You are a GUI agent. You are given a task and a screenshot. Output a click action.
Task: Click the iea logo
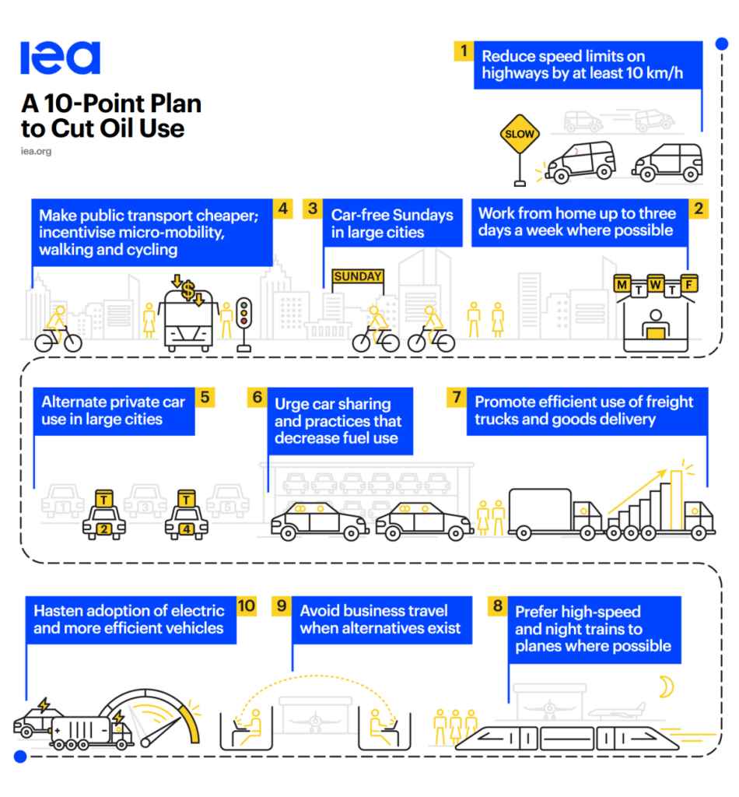tap(60, 58)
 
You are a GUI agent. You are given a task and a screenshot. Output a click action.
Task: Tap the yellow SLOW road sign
tap(520, 134)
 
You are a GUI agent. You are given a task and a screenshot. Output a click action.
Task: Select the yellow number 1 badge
tap(464, 51)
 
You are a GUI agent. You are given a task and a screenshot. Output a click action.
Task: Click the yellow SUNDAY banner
tap(358, 276)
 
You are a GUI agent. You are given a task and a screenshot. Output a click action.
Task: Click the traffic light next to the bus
tap(244, 314)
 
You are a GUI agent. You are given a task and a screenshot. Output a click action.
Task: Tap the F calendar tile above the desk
tap(688, 285)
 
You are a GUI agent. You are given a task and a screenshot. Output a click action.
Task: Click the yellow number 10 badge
tap(246, 606)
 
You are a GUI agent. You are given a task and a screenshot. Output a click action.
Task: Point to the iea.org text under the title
tap(36, 151)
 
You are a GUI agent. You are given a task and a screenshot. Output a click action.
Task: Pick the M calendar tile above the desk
tap(622, 285)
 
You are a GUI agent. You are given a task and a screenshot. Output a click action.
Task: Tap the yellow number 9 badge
tap(282, 606)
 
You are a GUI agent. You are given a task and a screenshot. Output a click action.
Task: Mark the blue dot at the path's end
tap(21, 756)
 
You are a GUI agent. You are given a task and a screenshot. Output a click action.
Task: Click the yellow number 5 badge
tap(205, 397)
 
